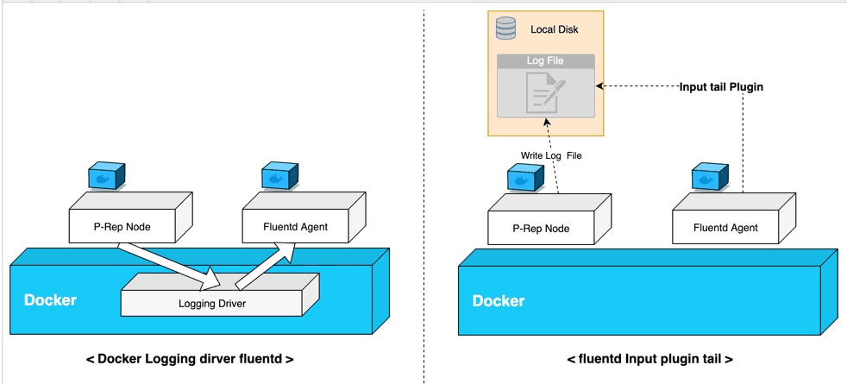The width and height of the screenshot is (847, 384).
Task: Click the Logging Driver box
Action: tap(213, 303)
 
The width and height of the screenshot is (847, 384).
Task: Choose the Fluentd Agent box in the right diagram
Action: tap(726, 228)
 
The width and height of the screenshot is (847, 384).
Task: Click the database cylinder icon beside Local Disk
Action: tap(505, 28)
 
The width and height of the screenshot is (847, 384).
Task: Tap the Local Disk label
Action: tap(554, 29)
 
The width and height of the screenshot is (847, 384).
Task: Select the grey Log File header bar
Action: tap(545, 61)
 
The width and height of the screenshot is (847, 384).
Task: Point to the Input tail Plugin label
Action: tap(721, 86)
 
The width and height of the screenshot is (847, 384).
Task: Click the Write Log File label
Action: tap(551, 155)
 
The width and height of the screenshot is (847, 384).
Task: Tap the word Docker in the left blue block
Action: tap(50, 300)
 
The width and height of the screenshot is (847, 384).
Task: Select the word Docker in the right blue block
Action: tap(499, 300)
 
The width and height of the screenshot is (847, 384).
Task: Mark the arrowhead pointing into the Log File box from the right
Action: tap(600, 86)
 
